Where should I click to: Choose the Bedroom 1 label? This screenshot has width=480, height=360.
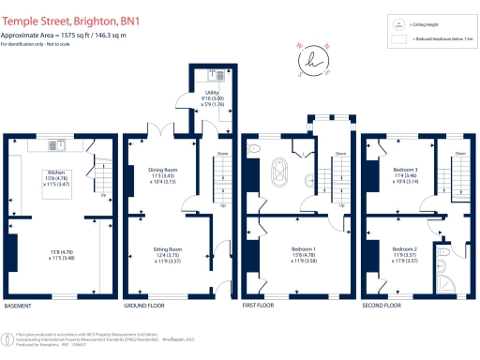pyautogui.click(x=303, y=249)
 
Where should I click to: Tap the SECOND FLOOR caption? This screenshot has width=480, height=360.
pyautogui.click(x=381, y=307)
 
